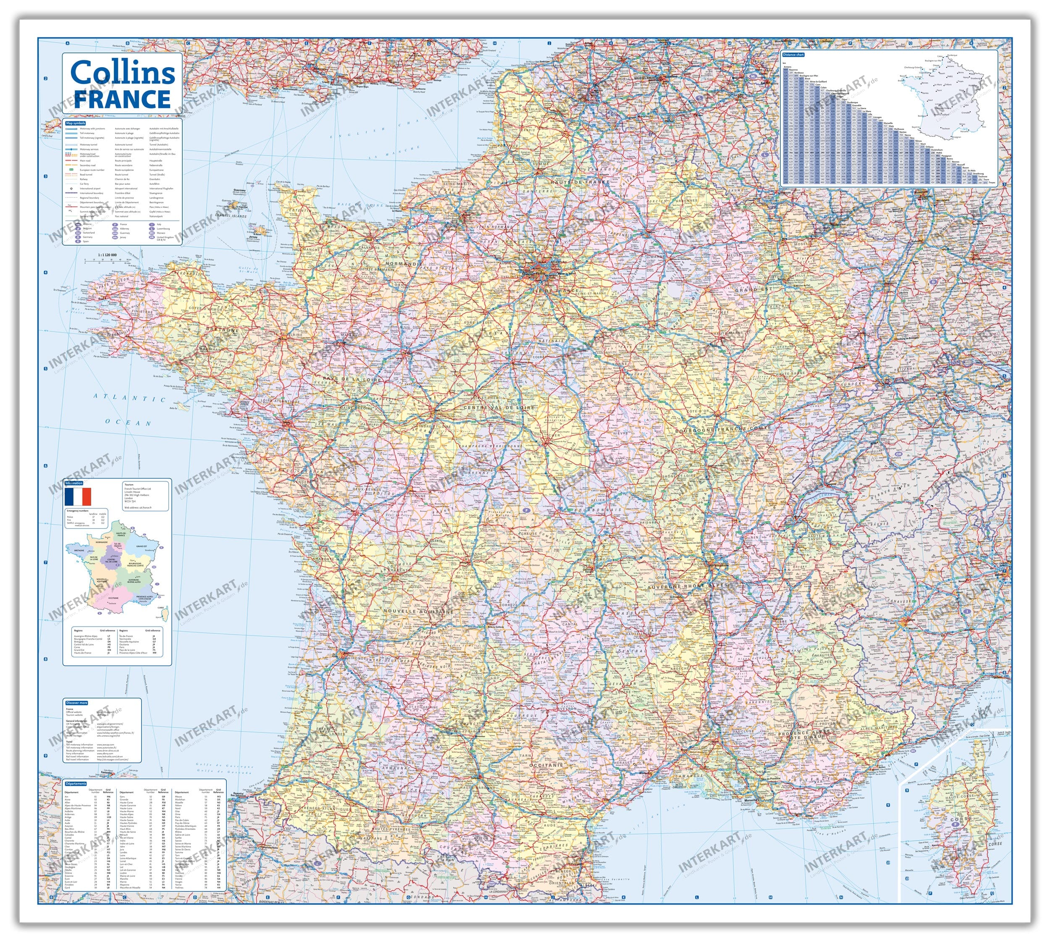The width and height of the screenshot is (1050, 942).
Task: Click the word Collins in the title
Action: coord(123,73)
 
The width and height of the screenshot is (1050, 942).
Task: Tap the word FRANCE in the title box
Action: coord(123,98)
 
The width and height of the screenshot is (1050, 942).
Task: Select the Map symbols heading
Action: coord(76,123)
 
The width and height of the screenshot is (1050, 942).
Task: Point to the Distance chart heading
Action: coord(793,54)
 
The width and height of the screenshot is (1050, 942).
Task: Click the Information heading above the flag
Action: coord(74,483)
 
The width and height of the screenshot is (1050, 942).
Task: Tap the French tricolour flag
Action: coord(78,496)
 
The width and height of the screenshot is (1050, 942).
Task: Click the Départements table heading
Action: coord(76,784)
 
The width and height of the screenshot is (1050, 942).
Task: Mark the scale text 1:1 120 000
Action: coord(107,255)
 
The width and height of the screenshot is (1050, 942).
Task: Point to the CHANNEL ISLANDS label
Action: coord(231,215)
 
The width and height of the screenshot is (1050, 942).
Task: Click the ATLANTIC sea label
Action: coord(129,397)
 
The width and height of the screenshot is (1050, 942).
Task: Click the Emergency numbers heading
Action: coord(78,510)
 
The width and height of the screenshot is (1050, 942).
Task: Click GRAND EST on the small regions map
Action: coord(141,546)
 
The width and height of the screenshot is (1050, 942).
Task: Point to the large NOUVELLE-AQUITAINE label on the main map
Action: coord(418,611)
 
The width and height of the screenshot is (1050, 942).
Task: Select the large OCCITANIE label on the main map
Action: coord(546,764)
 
